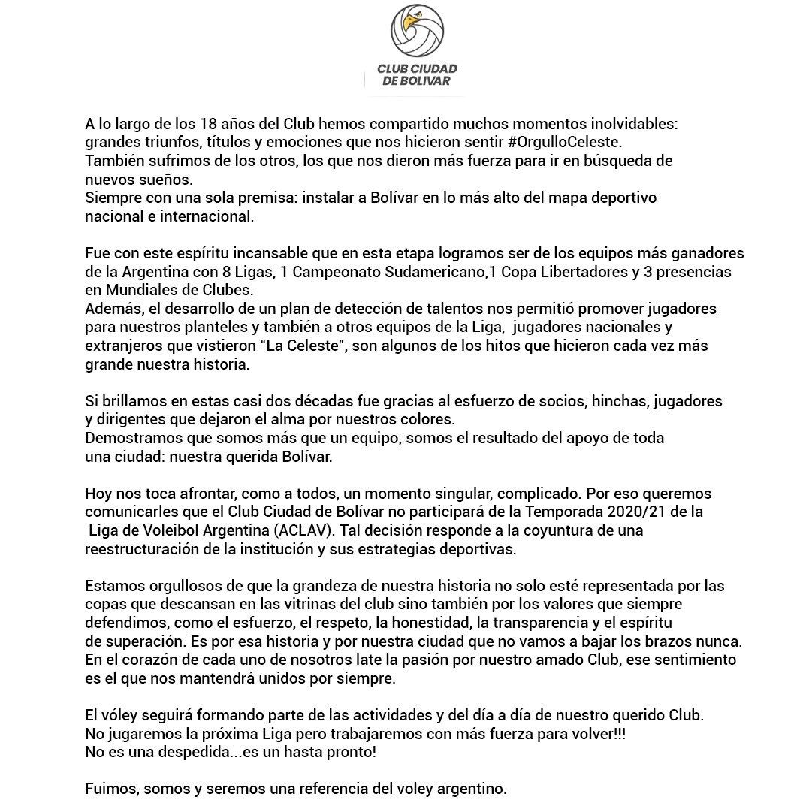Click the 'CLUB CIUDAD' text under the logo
point(417,69)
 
